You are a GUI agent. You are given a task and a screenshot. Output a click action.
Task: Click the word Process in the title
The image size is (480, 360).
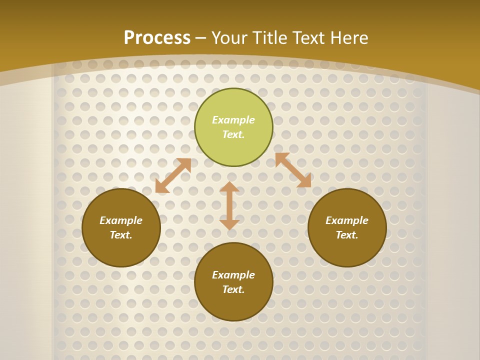pyautogui.click(x=157, y=38)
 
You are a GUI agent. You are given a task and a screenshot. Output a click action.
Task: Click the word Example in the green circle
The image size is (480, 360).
pyautogui.click(x=233, y=120)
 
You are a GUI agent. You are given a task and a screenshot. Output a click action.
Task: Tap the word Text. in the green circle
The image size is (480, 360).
pyautogui.click(x=233, y=134)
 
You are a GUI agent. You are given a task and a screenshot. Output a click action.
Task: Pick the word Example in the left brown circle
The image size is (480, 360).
pyautogui.click(x=121, y=220)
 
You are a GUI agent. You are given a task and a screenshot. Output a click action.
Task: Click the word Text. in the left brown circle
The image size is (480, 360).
pyautogui.click(x=121, y=235)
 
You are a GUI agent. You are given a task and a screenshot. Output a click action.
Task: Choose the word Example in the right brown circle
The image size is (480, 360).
pyautogui.click(x=347, y=220)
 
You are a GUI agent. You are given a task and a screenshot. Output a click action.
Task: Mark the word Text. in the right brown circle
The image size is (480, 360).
pyautogui.click(x=347, y=235)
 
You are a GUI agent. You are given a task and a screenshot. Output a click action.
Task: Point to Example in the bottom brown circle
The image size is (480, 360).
pyautogui.click(x=233, y=275)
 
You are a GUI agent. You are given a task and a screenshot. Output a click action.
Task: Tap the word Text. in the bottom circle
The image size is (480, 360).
pyautogui.click(x=233, y=289)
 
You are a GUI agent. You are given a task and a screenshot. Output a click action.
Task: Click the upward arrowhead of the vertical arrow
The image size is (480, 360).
pyautogui.click(x=229, y=186)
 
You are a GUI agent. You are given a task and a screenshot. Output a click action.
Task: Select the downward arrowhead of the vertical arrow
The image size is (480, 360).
pyautogui.click(x=229, y=224)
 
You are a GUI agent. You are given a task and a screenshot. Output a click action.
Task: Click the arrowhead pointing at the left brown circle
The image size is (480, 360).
pyautogui.click(x=161, y=187)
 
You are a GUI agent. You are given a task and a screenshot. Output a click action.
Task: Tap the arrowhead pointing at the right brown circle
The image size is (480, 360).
pyautogui.click(x=304, y=181)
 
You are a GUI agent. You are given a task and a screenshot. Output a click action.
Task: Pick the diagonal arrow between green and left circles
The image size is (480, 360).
pyautogui.click(x=173, y=175)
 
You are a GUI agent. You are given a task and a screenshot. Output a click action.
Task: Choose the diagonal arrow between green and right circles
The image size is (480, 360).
pyautogui.click(x=293, y=170)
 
